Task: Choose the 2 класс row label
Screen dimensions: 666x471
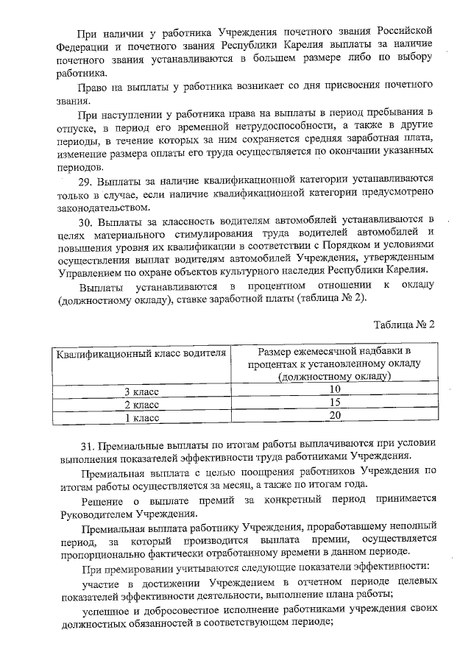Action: [x=141, y=405]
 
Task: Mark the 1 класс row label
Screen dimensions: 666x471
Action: [x=141, y=418]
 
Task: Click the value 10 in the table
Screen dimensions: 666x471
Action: [x=335, y=389]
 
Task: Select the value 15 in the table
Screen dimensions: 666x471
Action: [x=335, y=403]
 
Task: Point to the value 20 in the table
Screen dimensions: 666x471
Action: [x=335, y=416]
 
